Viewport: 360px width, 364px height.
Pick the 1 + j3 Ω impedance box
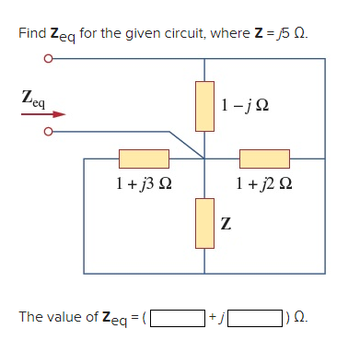click(143, 159)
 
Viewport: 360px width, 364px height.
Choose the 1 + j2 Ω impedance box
click(264, 159)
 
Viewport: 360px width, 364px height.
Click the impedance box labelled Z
click(203, 222)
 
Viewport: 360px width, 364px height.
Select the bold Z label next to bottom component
click(226, 223)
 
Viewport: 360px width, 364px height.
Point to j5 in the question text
click(278, 33)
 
